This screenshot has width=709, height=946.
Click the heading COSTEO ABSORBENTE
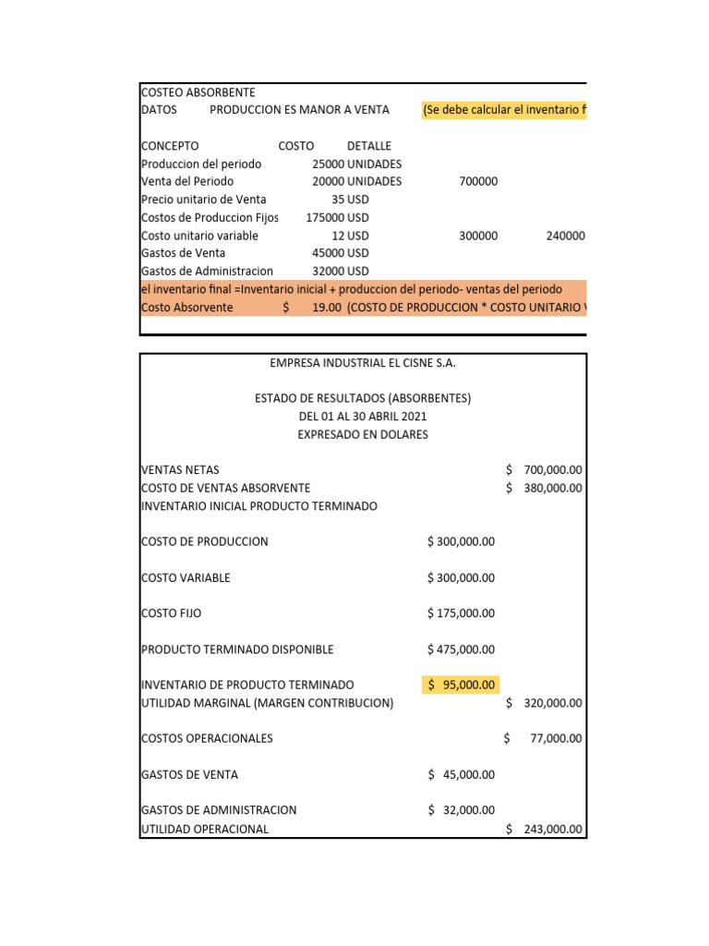(x=198, y=92)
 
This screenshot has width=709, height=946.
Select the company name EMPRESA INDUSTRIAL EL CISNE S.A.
(x=363, y=363)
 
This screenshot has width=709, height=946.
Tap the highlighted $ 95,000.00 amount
(x=461, y=685)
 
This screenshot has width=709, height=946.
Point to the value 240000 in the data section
(x=565, y=236)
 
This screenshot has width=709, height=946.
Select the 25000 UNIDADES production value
(x=356, y=164)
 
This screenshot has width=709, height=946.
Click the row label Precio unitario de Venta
(x=203, y=200)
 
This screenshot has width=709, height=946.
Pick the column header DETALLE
(x=368, y=146)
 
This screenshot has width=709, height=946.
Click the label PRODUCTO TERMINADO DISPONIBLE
(x=237, y=649)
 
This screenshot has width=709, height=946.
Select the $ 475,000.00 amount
(x=461, y=649)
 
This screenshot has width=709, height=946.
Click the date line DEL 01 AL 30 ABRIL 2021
(x=363, y=417)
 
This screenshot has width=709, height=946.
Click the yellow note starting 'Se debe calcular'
(x=503, y=110)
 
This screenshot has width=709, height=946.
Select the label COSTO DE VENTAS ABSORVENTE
(x=225, y=488)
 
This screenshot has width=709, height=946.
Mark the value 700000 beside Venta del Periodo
(x=478, y=182)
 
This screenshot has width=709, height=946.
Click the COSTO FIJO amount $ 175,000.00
(x=461, y=613)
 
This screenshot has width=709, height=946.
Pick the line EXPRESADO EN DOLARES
(x=363, y=434)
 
